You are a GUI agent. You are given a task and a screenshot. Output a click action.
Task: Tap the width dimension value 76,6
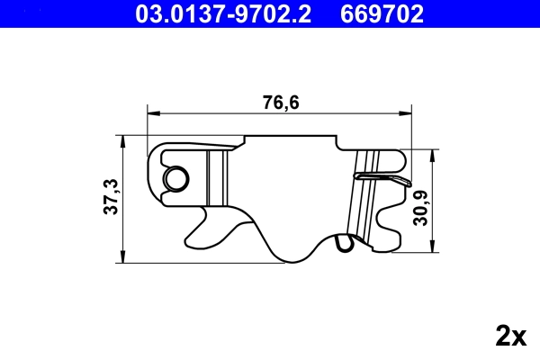(281, 103)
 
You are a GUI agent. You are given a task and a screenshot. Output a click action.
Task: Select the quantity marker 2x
(510, 337)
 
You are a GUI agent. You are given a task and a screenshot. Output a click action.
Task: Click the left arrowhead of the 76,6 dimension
(153, 113)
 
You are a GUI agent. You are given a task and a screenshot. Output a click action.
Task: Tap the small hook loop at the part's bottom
(342, 242)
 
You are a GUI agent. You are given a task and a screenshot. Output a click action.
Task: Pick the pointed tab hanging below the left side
(208, 217)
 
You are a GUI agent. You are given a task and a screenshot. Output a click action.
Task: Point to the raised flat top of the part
(288, 141)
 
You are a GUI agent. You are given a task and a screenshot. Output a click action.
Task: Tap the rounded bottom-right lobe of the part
(387, 236)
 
